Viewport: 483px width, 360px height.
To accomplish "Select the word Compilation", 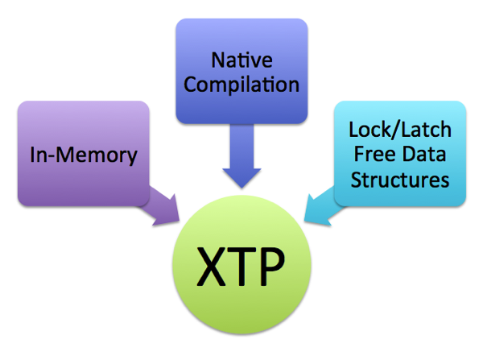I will (x=241, y=84).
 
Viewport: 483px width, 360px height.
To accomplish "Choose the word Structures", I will (x=400, y=179).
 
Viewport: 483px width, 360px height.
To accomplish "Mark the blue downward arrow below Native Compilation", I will (x=241, y=157).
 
